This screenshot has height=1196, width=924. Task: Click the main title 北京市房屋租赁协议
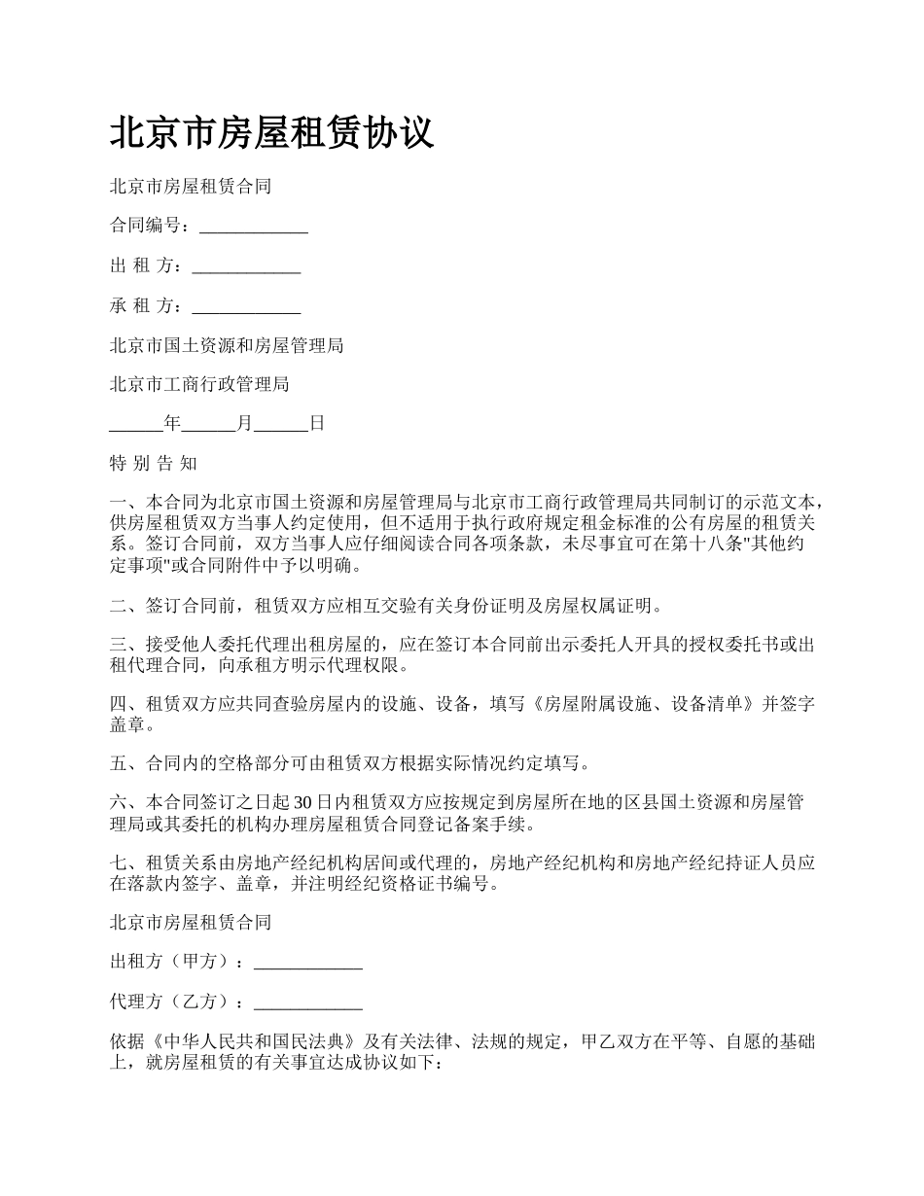click(271, 133)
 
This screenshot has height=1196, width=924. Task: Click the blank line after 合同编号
click(254, 228)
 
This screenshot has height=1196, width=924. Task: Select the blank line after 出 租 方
click(246, 267)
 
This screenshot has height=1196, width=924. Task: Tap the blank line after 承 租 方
click(246, 307)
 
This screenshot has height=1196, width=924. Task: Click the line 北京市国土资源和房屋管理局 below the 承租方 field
click(226, 345)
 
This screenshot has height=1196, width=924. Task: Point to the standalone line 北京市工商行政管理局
click(199, 384)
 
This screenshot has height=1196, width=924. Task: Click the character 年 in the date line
click(172, 424)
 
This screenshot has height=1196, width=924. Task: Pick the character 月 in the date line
click(244, 424)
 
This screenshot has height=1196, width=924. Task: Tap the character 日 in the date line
click(316, 424)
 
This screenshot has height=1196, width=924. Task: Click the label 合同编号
click(145, 226)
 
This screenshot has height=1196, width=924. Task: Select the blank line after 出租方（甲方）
click(308, 963)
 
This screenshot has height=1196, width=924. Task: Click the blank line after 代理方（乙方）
click(308, 1003)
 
